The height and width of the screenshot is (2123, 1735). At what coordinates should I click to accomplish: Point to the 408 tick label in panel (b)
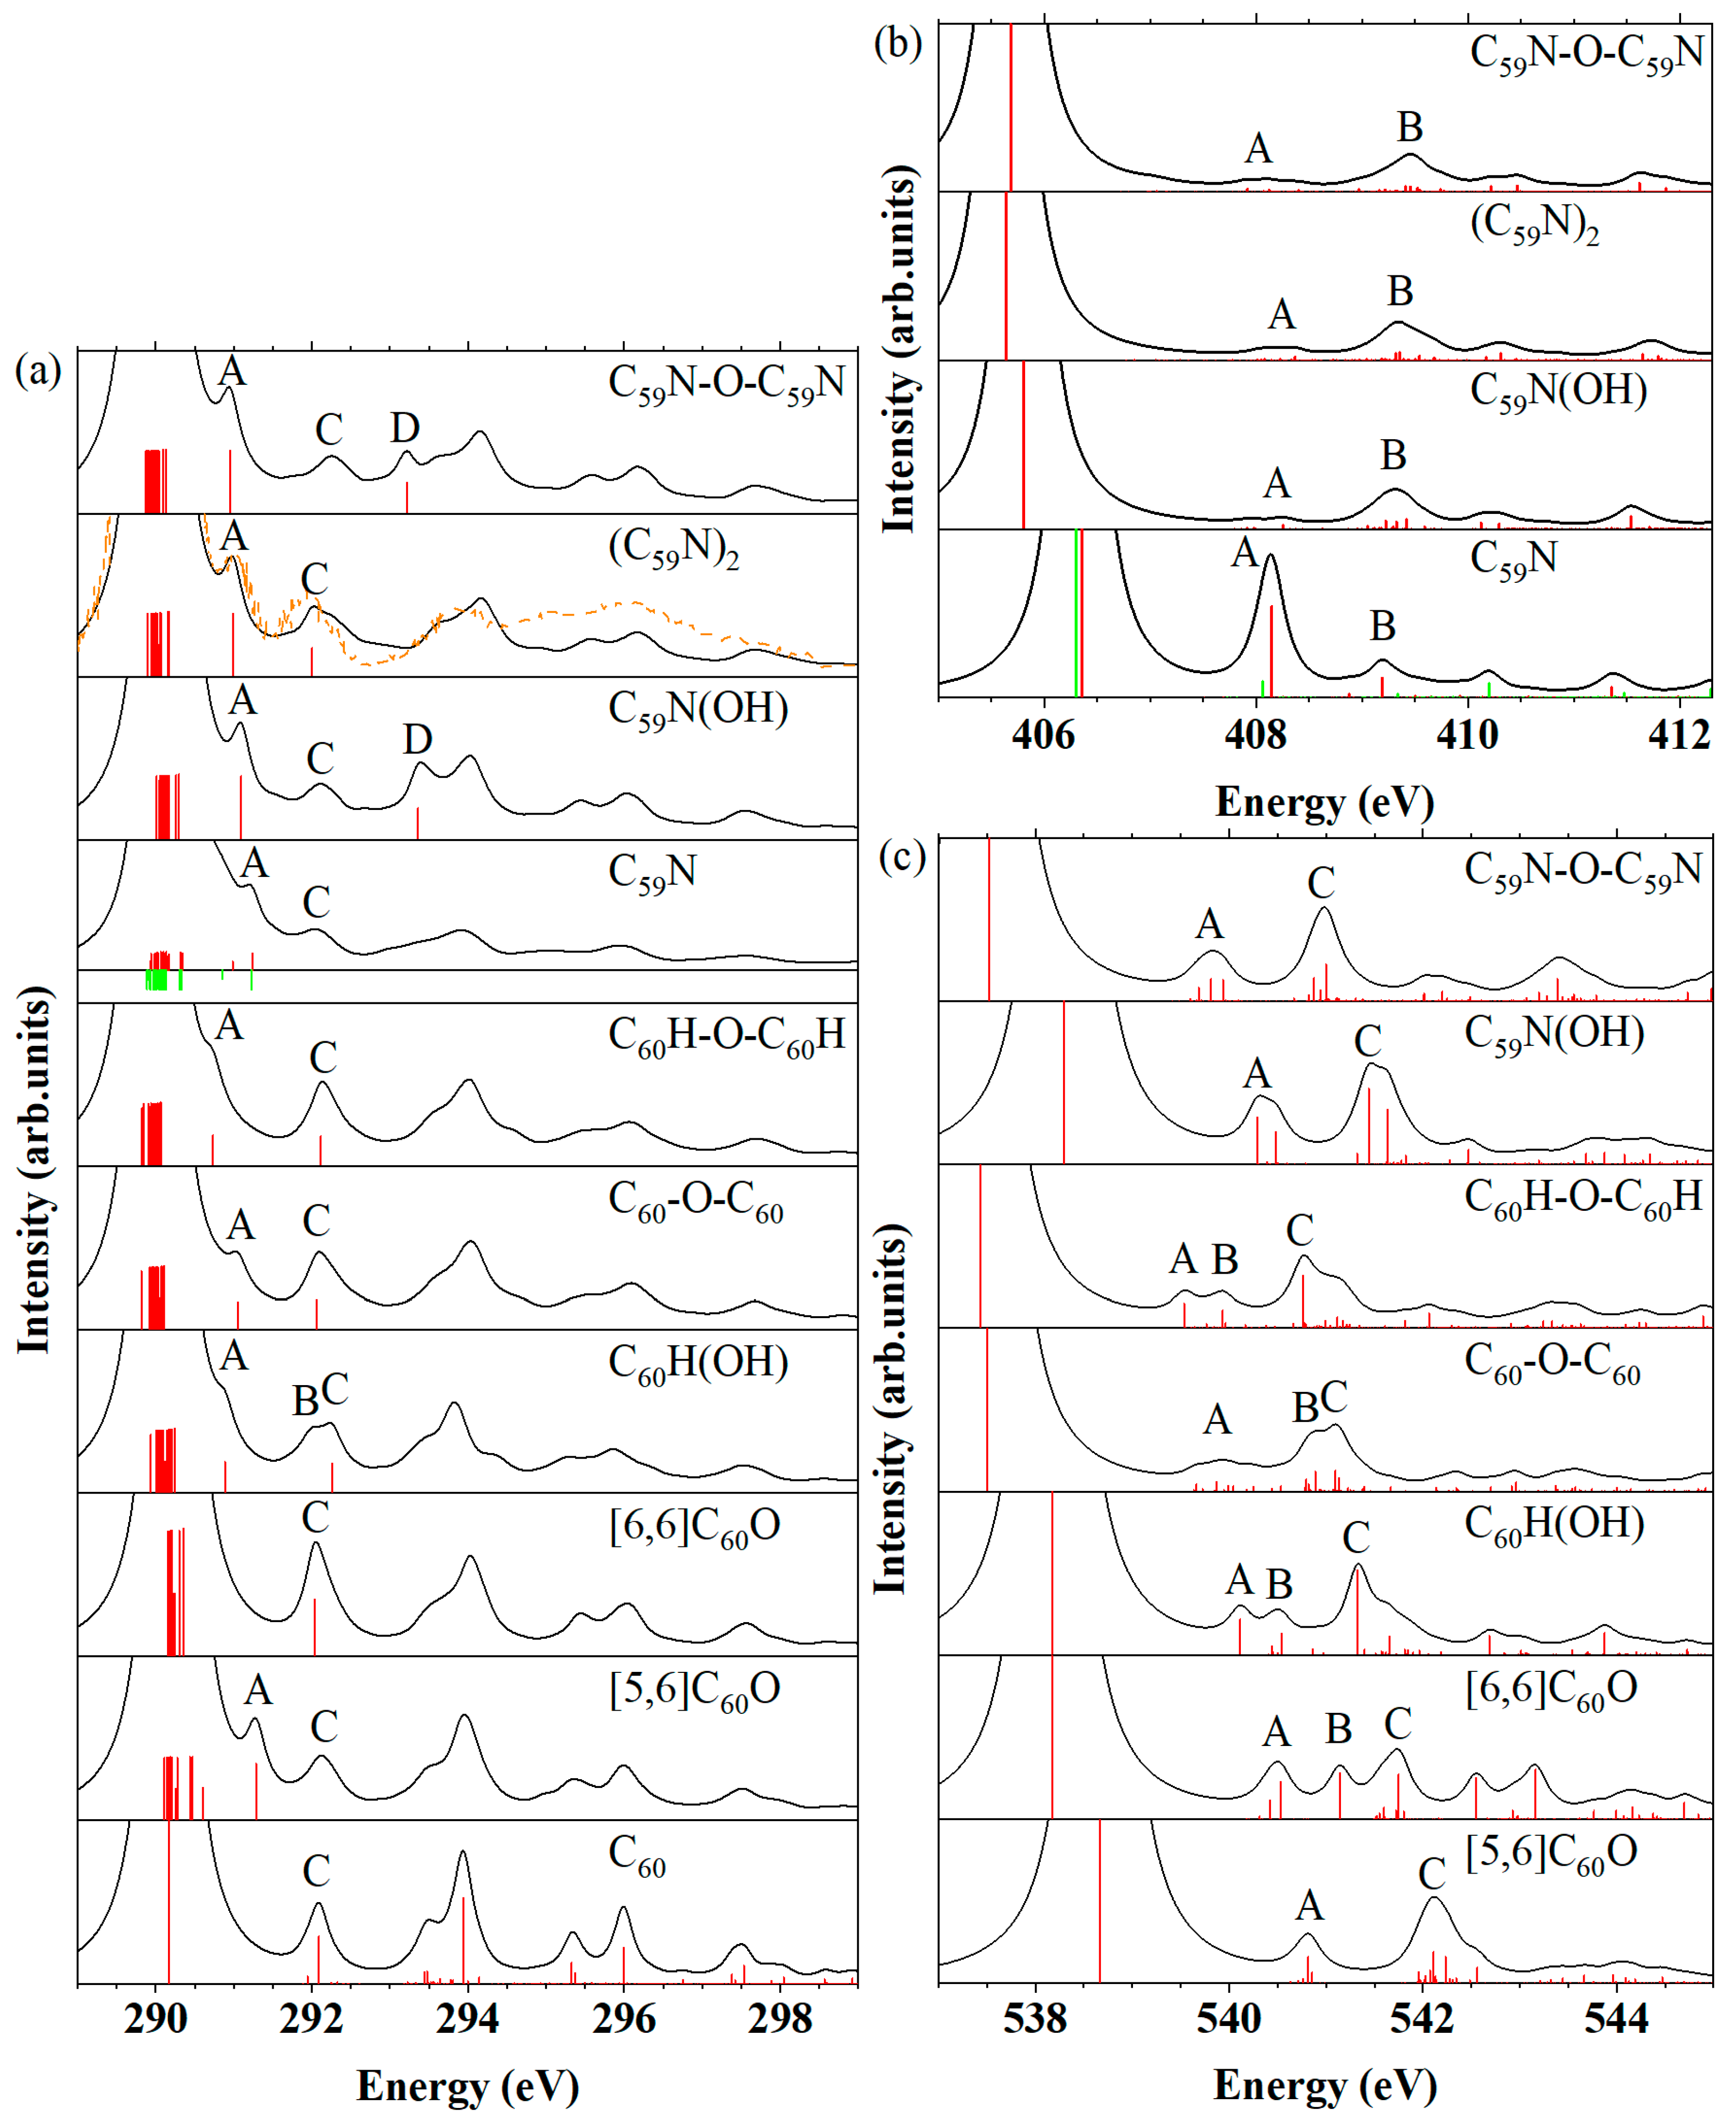(1255, 735)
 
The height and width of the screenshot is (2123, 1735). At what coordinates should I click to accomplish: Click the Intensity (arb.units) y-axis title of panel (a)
(34, 1169)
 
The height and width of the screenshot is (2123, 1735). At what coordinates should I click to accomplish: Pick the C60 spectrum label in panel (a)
(637, 1856)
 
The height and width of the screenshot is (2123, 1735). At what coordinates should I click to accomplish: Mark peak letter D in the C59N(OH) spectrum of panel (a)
(418, 739)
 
